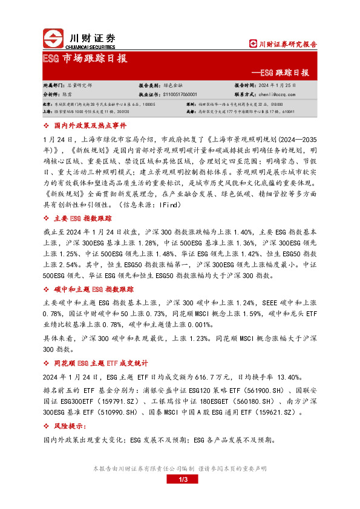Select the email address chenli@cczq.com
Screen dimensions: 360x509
click(277, 94)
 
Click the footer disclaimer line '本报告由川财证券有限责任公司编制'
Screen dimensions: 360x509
click(142, 468)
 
